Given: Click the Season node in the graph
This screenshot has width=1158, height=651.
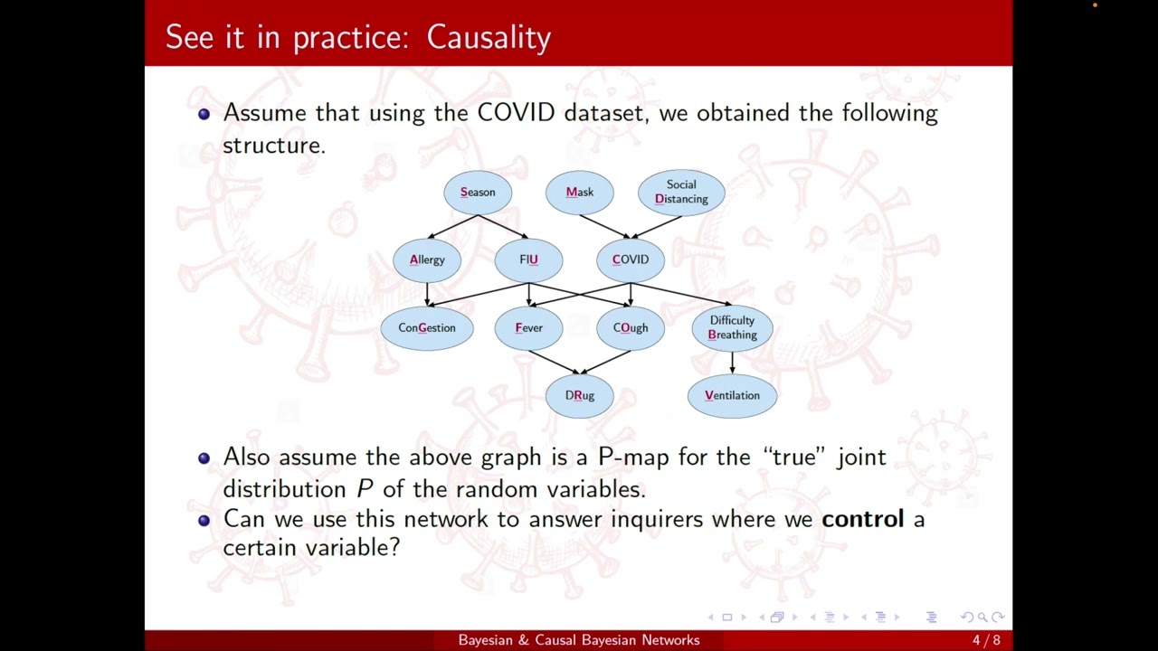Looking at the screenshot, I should (x=478, y=192).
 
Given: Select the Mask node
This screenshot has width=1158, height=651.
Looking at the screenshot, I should (x=579, y=192).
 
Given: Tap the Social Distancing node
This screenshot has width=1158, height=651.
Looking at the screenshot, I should (x=681, y=192).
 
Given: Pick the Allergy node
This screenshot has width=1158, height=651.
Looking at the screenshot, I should (x=427, y=259).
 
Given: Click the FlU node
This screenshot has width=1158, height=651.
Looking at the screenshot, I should (x=528, y=259).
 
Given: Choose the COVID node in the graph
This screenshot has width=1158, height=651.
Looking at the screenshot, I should (x=631, y=259).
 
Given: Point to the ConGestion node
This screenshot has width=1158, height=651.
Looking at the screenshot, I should (x=427, y=327).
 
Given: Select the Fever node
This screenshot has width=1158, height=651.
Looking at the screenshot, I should (x=528, y=327).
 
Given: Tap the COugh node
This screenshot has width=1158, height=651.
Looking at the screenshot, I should (x=631, y=327).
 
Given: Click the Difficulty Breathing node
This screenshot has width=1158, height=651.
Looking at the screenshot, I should (x=732, y=327).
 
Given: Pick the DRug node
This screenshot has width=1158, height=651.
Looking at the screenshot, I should (x=579, y=395).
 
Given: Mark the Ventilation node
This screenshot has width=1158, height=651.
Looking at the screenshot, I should (x=732, y=395).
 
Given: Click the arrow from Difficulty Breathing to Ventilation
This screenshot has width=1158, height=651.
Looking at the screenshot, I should (x=732, y=362).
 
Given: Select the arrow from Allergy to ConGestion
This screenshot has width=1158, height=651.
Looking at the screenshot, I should (x=427, y=294).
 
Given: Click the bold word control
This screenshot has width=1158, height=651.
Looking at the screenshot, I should (x=862, y=519).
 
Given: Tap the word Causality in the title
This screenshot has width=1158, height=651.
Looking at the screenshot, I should (x=489, y=37).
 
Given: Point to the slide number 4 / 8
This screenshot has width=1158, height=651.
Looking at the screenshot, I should (x=986, y=640).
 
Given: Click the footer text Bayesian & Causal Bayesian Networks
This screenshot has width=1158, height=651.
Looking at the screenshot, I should (x=579, y=640).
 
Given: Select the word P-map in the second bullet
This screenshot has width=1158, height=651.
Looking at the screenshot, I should (x=633, y=457).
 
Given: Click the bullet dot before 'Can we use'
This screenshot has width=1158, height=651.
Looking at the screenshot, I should (x=204, y=520).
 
